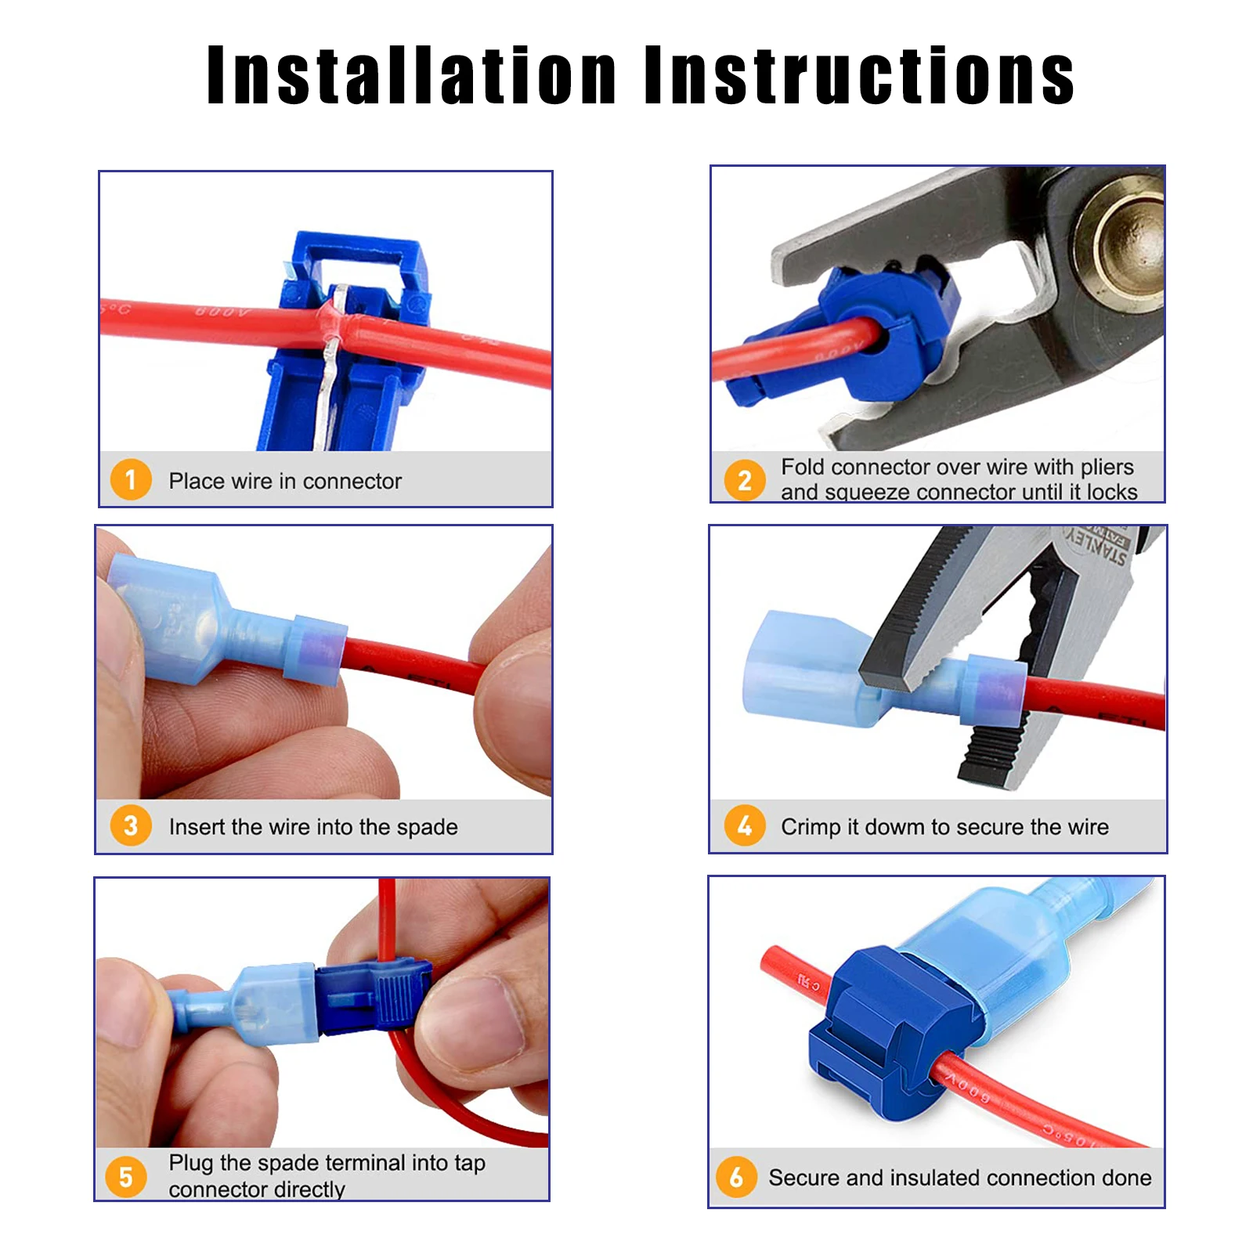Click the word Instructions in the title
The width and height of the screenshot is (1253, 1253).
click(x=859, y=75)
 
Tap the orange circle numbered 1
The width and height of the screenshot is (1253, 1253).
click(x=131, y=479)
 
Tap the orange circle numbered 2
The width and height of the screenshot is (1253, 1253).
click(x=744, y=480)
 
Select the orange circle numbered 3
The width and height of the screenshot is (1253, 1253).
click(x=131, y=825)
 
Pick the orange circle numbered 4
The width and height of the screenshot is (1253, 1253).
click(x=744, y=825)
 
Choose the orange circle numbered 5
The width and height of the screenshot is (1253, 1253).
click(x=126, y=1176)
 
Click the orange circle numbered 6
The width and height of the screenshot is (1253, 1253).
click(x=736, y=1176)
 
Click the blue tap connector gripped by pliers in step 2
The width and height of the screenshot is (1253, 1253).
click(x=877, y=329)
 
